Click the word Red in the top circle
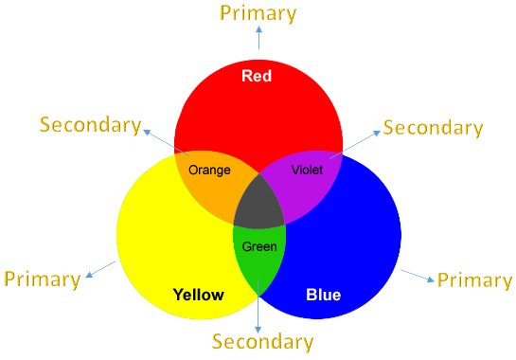[258, 76]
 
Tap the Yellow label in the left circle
[199, 295]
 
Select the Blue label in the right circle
[323, 295]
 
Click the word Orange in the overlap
[209, 171]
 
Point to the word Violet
[308, 171]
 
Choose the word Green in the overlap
[259, 246]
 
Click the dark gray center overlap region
[259, 205]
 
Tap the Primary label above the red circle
[258, 12]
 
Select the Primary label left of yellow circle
[42, 279]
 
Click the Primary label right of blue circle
[473, 279]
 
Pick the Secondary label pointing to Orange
[90, 125]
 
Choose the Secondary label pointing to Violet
[432, 127]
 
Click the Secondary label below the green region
[262, 341]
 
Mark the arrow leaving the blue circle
[417, 276]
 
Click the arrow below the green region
[258, 308]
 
